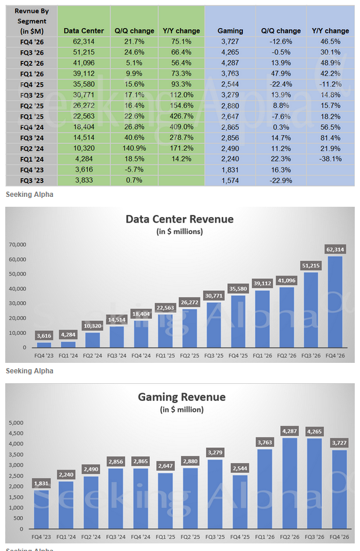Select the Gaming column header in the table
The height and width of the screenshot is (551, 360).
(x=230, y=30)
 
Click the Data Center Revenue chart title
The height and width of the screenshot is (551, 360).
(x=179, y=220)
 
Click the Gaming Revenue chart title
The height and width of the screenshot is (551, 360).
(x=182, y=397)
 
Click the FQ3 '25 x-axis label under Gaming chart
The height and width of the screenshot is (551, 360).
(x=215, y=536)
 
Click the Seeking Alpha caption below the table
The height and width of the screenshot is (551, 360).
(x=29, y=195)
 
